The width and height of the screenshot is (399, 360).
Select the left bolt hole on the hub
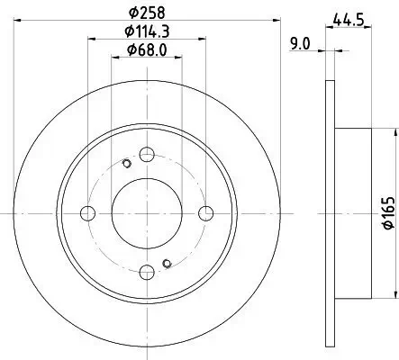tap(88, 212)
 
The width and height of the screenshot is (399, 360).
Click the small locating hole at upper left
tap(126, 163)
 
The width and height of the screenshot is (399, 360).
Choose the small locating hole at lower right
tap(167, 263)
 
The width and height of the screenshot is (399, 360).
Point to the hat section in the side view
tap(353, 212)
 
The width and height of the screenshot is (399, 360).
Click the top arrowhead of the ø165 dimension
tap(393, 130)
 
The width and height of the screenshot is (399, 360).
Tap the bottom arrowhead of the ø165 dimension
tap(393, 297)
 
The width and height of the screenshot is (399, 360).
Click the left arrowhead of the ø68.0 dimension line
tap(114, 58)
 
